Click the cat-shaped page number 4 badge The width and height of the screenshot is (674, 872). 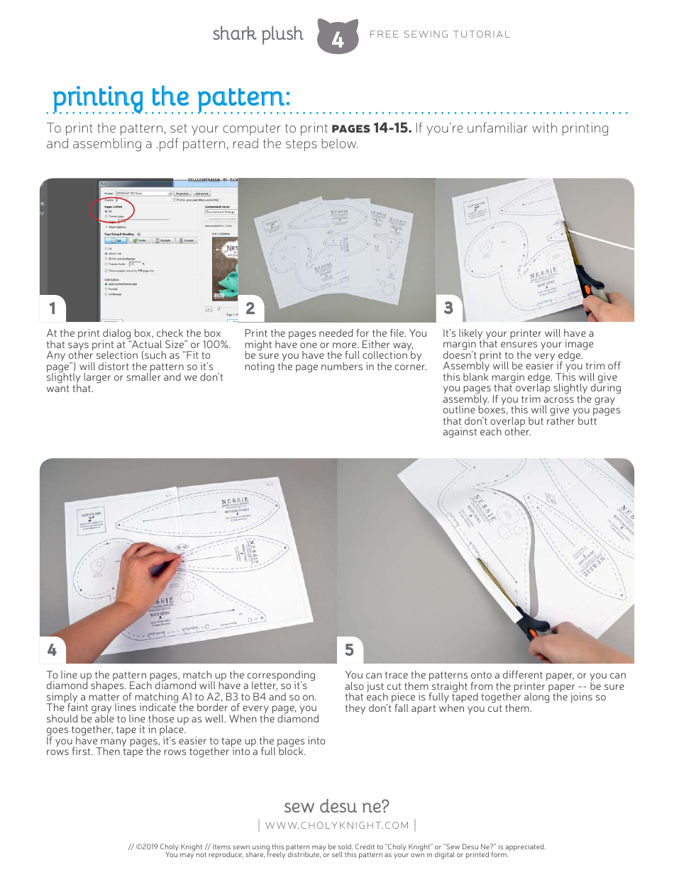point(338,37)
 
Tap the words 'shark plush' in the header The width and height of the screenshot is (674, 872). point(258,34)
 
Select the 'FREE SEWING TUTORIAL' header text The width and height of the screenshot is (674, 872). point(440,34)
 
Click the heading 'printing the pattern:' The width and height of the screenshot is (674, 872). point(172,96)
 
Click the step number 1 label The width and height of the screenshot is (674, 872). point(52,308)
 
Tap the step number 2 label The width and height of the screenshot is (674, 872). point(250,308)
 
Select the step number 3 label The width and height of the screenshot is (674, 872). point(448,308)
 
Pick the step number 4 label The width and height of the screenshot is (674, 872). point(52,649)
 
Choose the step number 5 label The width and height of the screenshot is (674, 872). point(349,649)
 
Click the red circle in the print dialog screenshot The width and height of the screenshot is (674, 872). point(112,209)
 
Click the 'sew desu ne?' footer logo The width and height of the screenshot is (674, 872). point(336,806)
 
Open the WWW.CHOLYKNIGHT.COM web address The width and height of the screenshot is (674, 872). point(337,825)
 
